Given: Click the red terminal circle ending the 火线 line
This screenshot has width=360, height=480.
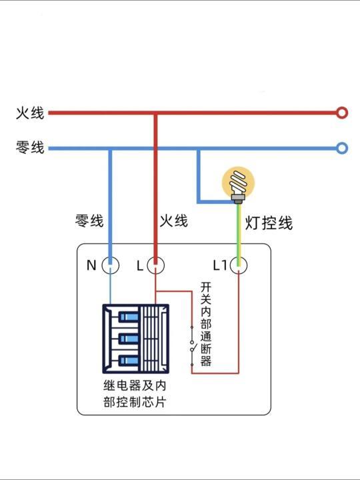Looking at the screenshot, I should click(x=342, y=113).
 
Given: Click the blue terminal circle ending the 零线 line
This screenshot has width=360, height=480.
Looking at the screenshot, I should click(x=342, y=148).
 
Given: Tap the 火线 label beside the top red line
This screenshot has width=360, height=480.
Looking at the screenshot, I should click(x=30, y=113).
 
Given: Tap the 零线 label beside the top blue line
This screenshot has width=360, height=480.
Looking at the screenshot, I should click(x=30, y=148).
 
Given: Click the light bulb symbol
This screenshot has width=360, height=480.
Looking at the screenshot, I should click(x=238, y=181).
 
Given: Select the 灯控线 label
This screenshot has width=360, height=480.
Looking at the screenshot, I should click(x=269, y=223).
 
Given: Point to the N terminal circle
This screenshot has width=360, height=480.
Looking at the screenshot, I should click(x=111, y=265).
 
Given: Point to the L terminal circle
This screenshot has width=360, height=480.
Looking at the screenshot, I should click(x=155, y=265).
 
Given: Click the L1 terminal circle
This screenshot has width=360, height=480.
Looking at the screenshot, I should click(x=239, y=265).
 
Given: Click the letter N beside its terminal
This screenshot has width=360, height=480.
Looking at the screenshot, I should click(x=91, y=265).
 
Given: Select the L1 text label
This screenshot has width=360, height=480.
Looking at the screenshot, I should click(x=220, y=265).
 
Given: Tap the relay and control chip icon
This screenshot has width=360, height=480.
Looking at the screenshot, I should click(x=136, y=339).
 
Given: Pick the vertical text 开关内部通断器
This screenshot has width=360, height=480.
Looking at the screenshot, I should click(x=206, y=324).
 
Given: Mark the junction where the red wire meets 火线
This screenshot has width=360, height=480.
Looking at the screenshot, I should click(x=155, y=113).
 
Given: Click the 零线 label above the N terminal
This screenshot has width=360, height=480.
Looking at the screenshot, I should click(x=89, y=221).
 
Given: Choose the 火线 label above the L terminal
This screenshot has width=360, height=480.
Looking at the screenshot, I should click(x=173, y=221).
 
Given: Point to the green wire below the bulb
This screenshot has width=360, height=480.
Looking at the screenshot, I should click(x=238, y=227).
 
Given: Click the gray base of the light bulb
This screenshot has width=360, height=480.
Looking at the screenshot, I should click(x=237, y=197).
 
